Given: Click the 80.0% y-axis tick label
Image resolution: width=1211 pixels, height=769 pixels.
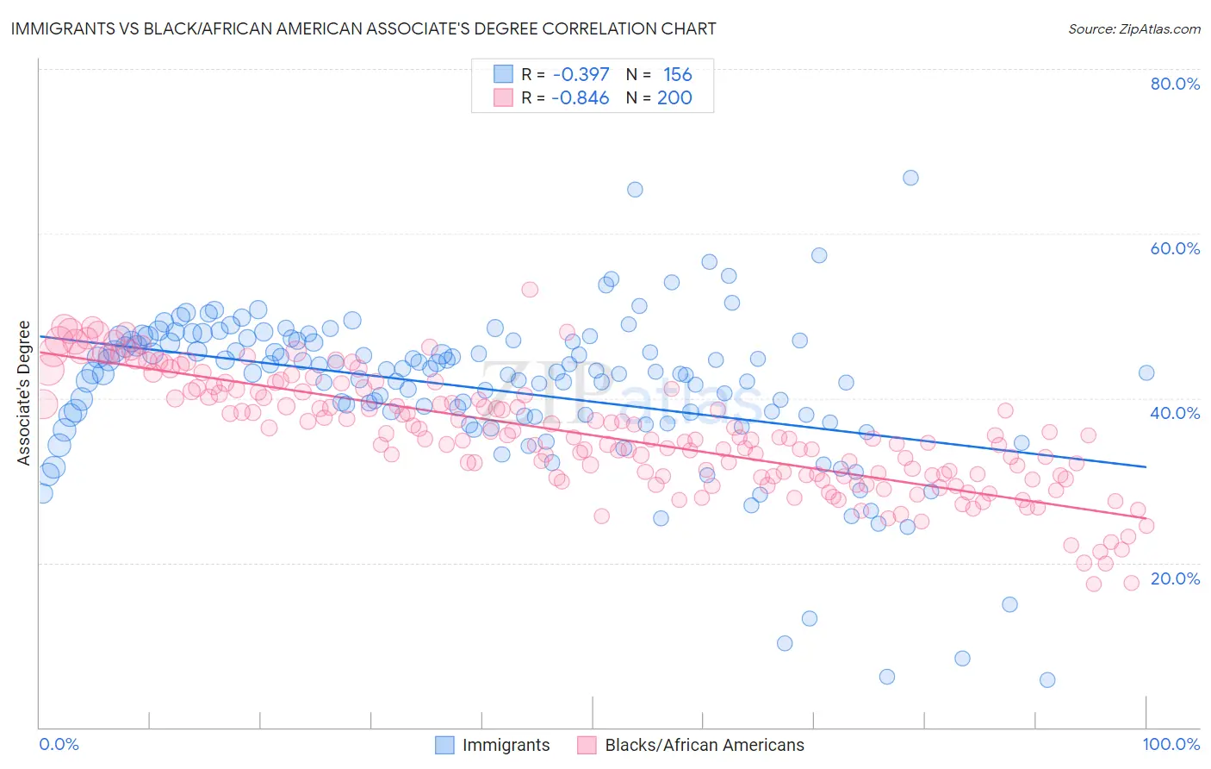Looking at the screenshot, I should [x=1175, y=84].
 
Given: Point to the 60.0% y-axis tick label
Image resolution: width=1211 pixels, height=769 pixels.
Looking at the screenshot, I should [x=1175, y=248].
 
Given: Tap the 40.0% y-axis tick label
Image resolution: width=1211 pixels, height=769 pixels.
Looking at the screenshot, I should [x=1175, y=413].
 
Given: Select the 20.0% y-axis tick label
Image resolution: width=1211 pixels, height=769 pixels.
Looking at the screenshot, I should [x=1175, y=578].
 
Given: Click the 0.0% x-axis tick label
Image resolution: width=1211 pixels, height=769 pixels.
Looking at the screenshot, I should [x=59, y=744].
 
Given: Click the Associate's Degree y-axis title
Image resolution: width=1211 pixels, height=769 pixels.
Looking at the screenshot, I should [x=24, y=393].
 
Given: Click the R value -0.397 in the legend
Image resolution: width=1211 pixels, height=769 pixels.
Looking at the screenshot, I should [x=581, y=74].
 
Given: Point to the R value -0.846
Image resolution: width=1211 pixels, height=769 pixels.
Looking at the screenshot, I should [x=581, y=97].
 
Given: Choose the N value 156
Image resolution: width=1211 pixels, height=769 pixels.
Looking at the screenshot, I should [x=678, y=74].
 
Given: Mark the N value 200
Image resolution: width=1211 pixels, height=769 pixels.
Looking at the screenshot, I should [x=674, y=97].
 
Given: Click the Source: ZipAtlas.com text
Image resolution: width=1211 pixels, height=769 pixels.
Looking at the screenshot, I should [x=1133, y=28].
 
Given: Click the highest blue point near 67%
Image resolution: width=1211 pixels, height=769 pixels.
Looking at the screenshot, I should [x=910, y=178].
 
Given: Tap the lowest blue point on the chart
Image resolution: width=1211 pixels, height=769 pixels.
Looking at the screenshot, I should [x=1047, y=679].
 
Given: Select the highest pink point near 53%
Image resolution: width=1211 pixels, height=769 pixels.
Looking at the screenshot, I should [x=530, y=290].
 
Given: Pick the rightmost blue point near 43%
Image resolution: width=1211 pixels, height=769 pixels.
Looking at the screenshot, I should [x=1146, y=372].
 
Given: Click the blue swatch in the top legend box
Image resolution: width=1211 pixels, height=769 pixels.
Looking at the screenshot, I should [x=503, y=74].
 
